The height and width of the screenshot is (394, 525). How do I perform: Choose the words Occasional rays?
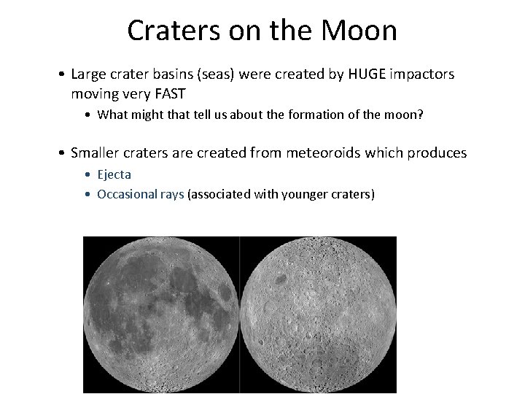coord(140,195)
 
